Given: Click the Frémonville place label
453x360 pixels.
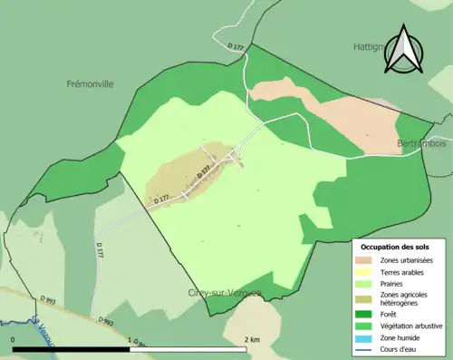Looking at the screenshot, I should pos(90,83).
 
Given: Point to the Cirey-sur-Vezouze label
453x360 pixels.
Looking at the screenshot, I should pos(226,292).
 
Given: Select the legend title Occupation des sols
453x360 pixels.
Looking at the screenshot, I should pos(395,246).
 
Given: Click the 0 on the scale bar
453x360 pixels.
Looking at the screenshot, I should pos(14,339).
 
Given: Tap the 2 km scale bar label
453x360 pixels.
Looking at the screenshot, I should pos(253,339).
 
